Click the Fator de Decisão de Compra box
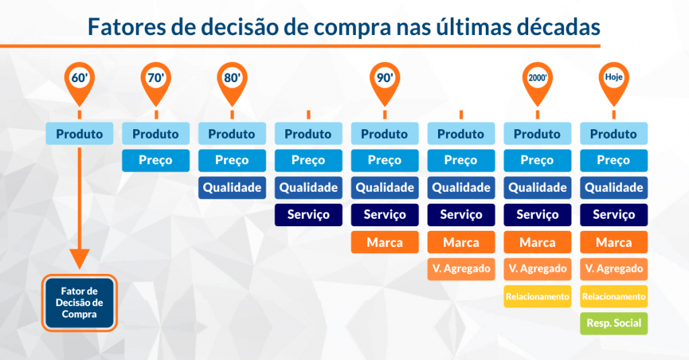[79, 303]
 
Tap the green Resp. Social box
[614, 323]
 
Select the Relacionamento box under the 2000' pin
[538, 297]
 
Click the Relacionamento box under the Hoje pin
[614, 297]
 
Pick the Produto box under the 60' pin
[79, 134]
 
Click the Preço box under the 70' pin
[156, 160]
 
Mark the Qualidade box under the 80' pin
[232, 188]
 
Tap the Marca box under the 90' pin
[385, 242]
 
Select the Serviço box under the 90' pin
[385, 215]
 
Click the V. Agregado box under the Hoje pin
[614, 269]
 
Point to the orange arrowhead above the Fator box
[79, 258]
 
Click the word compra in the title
[353, 28]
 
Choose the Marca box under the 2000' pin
[538, 242]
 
